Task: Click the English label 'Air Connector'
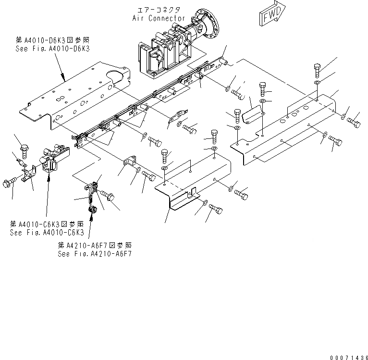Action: [x=159, y=18]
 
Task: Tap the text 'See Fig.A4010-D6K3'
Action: [x=53, y=49]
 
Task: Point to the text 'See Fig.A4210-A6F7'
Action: [x=95, y=253]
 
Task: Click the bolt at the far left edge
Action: [x=9, y=183]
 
